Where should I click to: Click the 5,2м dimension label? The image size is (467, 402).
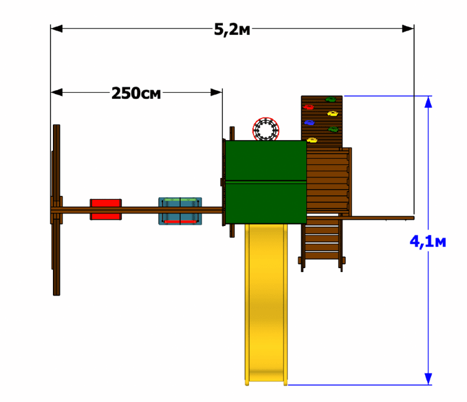coord(232,30)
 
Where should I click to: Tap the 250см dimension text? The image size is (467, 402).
coord(136,93)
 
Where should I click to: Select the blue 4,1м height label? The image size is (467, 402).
coord(428,241)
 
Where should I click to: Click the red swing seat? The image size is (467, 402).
coord(106,210)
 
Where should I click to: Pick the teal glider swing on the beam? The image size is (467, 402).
coord(180,211)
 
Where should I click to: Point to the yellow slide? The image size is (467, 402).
coord(267,304)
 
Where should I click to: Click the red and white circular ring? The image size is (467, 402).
coord(266,129)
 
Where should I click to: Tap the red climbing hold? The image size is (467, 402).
coord(309,107)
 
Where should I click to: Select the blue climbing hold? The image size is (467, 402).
coord(309,123)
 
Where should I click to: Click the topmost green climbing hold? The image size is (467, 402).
coord(331,100)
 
